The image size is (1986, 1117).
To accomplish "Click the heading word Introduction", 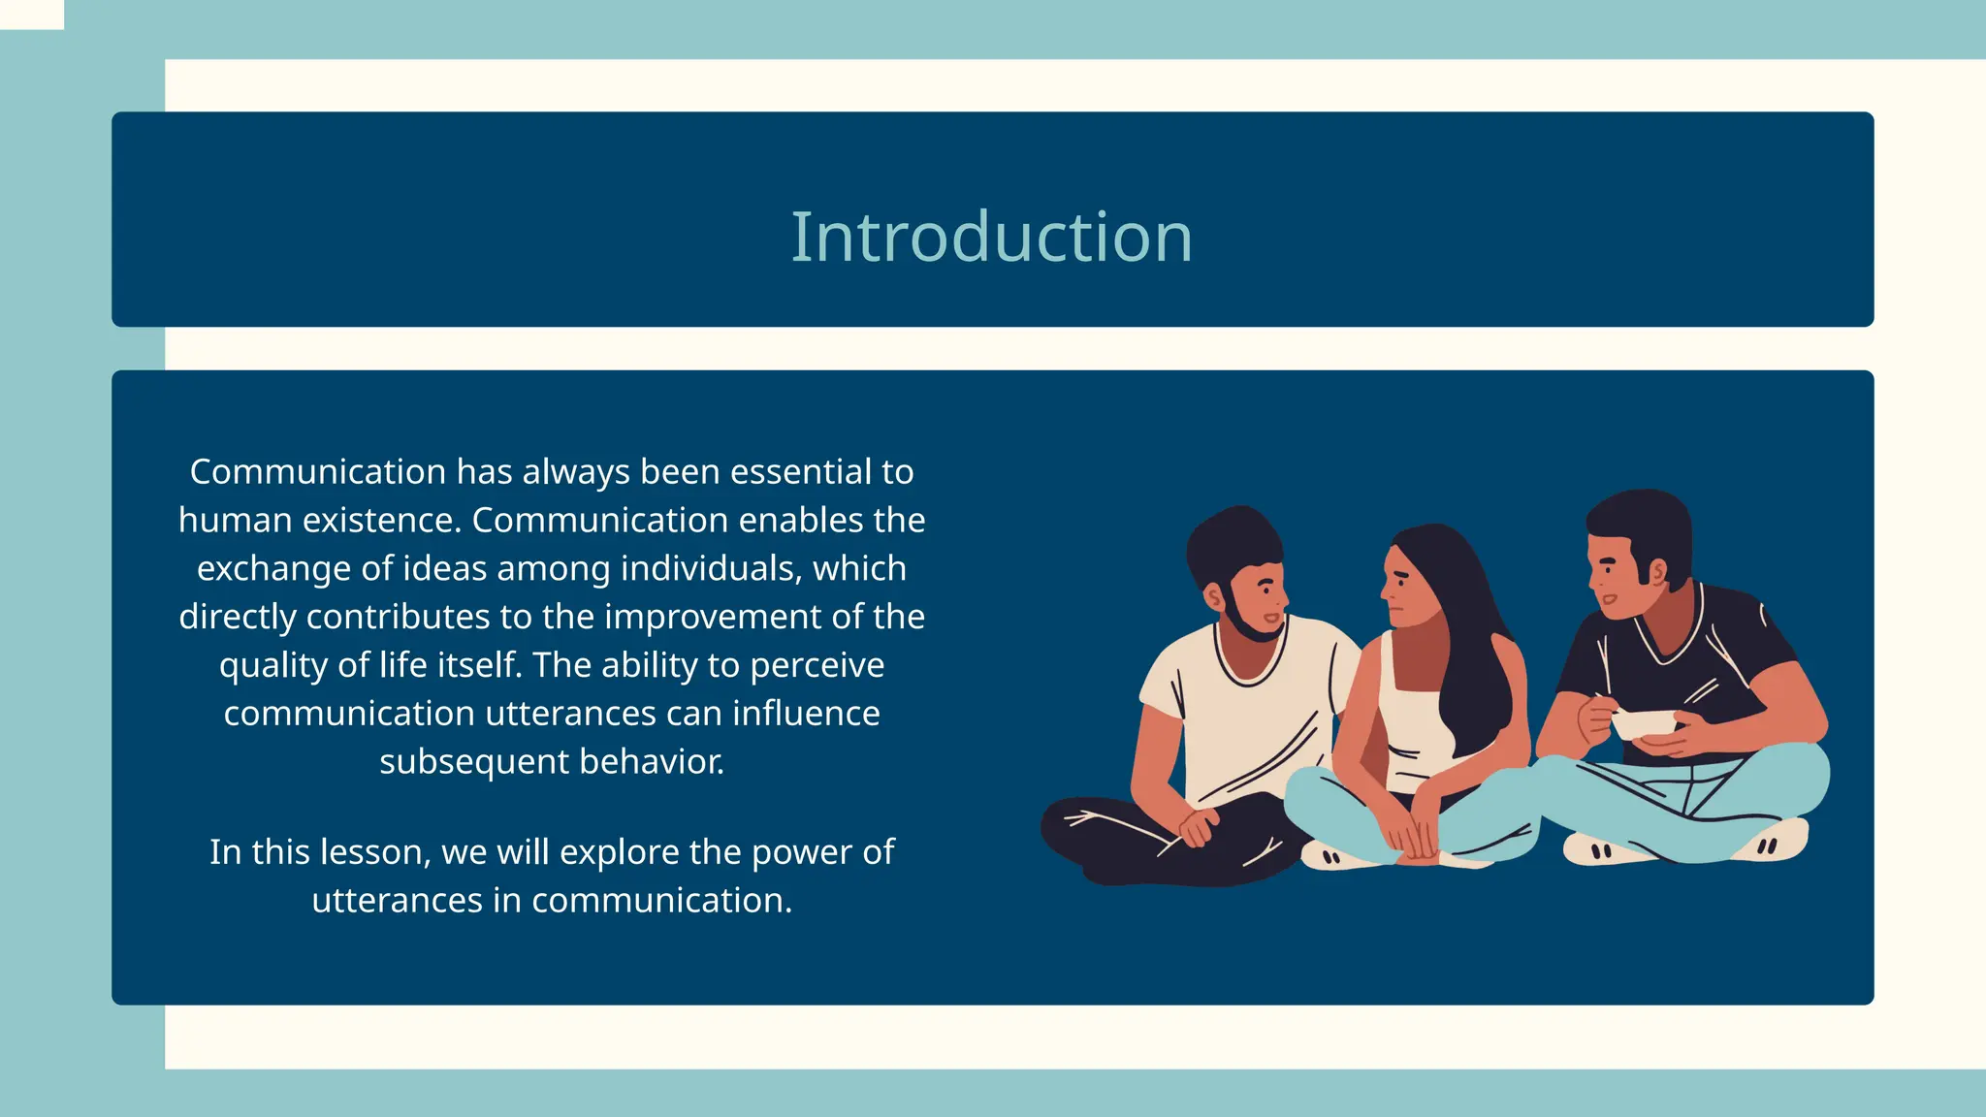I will [991, 238].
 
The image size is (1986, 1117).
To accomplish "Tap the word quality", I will [272, 666].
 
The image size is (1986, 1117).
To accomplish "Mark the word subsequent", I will [473, 762].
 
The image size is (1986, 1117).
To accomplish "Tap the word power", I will [801, 852].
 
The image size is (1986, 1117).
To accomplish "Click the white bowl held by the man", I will [1646, 722].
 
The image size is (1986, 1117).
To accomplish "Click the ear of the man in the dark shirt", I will [1657, 572].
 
